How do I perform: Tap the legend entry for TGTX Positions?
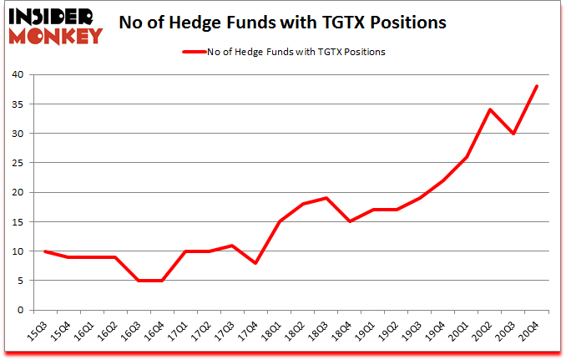click(284, 52)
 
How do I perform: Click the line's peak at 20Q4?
click(537, 86)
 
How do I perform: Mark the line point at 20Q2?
click(490, 109)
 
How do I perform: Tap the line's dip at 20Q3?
click(513, 134)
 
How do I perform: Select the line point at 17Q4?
click(256, 263)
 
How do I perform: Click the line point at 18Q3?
click(326, 198)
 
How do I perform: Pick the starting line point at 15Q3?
click(45, 251)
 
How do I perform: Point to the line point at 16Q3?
click(139, 281)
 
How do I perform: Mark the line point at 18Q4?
click(350, 221)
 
